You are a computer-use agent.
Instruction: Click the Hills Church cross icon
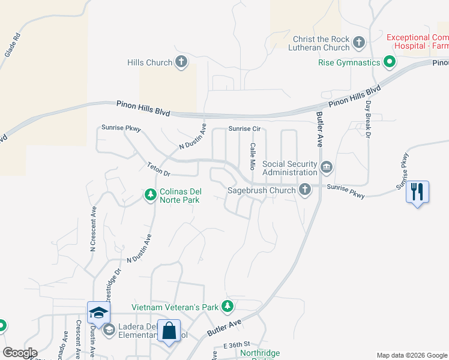[x=181, y=62]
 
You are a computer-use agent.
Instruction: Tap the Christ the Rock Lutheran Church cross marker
[x=359, y=43]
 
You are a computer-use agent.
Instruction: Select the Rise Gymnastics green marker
[x=389, y=62]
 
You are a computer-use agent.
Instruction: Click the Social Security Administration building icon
[x=326, y=167]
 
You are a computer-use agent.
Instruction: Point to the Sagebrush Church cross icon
[x=305, y=190]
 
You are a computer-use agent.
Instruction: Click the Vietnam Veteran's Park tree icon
[x=227, y=307]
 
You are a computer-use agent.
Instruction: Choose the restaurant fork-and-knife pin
[x=417, y=192]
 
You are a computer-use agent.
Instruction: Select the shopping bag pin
[x=169, y=331]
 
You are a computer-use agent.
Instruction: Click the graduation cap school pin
[x=98, y=312]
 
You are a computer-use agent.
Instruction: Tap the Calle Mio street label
[x=253, y=155]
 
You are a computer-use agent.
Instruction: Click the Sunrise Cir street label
[x=244, y=129]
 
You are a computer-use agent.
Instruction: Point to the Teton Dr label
[x=158, y=169]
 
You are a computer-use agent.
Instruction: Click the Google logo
[x=19, y=353]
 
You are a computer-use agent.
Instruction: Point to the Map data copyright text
[x=411, y=355]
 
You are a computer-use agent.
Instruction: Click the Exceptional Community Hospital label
[x=417, y=41]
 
